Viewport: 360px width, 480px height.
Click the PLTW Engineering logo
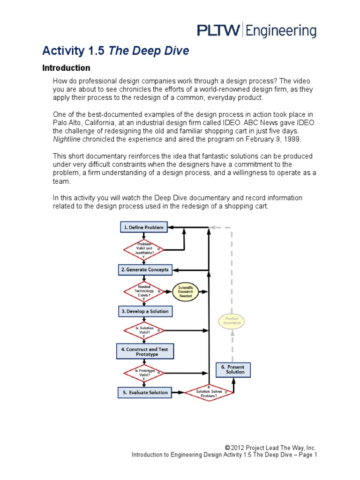256,31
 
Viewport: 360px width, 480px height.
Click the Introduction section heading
66,68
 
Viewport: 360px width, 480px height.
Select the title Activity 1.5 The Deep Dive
116,51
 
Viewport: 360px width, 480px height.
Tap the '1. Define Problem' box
143,227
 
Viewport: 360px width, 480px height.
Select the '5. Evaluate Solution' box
144,392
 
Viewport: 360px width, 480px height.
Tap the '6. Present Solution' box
233,369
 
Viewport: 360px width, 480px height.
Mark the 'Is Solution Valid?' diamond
144,330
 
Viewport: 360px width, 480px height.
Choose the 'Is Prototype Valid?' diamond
144,373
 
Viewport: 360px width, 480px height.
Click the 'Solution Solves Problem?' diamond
209,392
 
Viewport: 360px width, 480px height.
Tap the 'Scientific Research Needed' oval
185,292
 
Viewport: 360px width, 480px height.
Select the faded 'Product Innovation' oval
232,321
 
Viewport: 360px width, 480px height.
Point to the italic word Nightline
67,139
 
